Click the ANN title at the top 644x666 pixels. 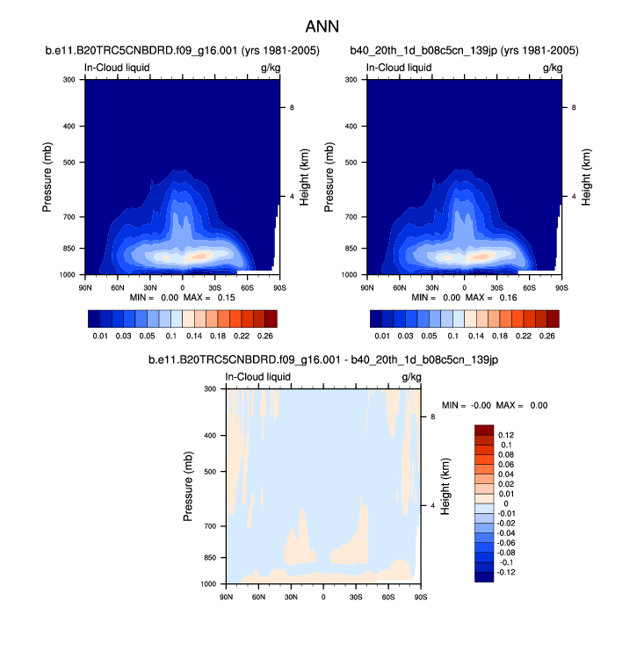(x=322, y=26)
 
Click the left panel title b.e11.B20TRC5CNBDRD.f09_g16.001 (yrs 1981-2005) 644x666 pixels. (x=181, y=52)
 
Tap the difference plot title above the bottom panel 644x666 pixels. (x=323, y=360)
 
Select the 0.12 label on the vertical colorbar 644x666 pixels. (x=506, y=435)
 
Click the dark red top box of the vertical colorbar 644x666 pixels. (x=485, y=430)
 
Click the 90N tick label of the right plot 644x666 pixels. (x=367, y=287)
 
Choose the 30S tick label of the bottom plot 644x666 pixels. (x=357, y=597)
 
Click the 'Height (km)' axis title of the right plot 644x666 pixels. (x=585, y=178)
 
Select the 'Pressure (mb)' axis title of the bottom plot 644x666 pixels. (x=189, y=486)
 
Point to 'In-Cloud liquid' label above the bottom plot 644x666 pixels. (x=258, y=377)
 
